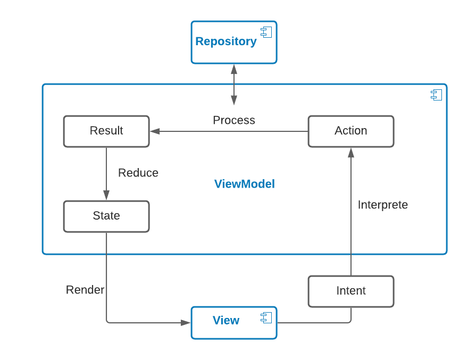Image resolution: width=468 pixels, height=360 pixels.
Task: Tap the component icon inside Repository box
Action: [x=266, y=32]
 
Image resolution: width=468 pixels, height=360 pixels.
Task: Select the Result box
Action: [x=106, y=131]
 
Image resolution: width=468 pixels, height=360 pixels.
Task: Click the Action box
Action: [x=351, y=131]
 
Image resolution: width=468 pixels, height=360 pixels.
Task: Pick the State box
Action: [x=106, y=216]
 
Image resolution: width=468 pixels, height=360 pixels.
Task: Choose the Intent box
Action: [x=351, y=291]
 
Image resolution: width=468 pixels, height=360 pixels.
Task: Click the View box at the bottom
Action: [x=226, y=321]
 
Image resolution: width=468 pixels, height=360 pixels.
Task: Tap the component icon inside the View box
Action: [x=266, y=317]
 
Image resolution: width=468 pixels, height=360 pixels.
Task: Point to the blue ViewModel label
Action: [x=245, y=185]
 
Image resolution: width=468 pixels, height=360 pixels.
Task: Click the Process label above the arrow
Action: [x=234, y=120]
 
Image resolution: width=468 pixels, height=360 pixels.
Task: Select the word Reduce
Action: [x=138, y=173]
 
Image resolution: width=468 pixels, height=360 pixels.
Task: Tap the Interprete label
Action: [x=383, y=205]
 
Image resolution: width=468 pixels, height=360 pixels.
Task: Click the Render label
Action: [x=85, y=290]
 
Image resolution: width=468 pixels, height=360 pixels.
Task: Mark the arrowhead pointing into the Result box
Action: [x=155, y=131]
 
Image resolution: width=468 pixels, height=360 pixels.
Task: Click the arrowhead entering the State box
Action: [x=106, y=196]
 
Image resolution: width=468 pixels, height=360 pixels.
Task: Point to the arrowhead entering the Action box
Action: [x=351, y=152]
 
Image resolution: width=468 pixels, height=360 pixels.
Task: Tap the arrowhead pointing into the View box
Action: [x=186, y=322]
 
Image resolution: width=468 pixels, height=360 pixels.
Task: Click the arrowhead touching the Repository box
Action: [x=234, y=69]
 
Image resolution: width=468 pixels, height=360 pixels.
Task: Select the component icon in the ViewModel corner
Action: [x=436, y=95]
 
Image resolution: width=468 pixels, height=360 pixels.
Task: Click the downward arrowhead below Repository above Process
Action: [x=234, y=100]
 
